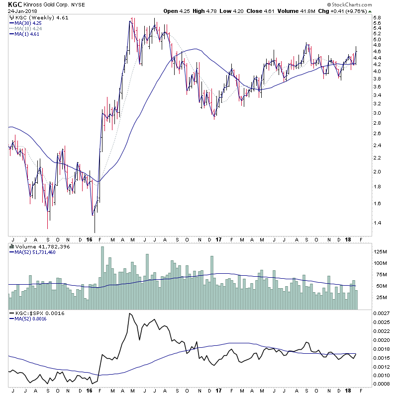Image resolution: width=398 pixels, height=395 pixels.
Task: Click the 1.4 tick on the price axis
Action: [x=377, y=223]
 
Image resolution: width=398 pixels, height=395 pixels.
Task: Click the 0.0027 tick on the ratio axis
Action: [x=382, y=314]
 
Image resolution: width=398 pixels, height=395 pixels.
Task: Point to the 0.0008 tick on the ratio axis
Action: [x=382, y=384]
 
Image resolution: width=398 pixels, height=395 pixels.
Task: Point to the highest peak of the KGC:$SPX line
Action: [x=130, y=314]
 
